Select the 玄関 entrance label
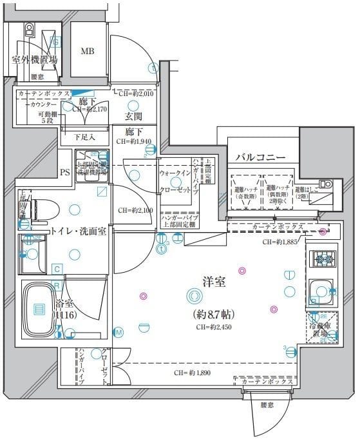click(x=133, y=117)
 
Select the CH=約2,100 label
click(x=135, y=210)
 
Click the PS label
click(x=64, y=172)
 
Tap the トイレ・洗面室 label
click(x=79, y=230)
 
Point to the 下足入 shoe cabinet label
click(x=84, y=137)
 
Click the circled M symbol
click(x=118, y=332)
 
